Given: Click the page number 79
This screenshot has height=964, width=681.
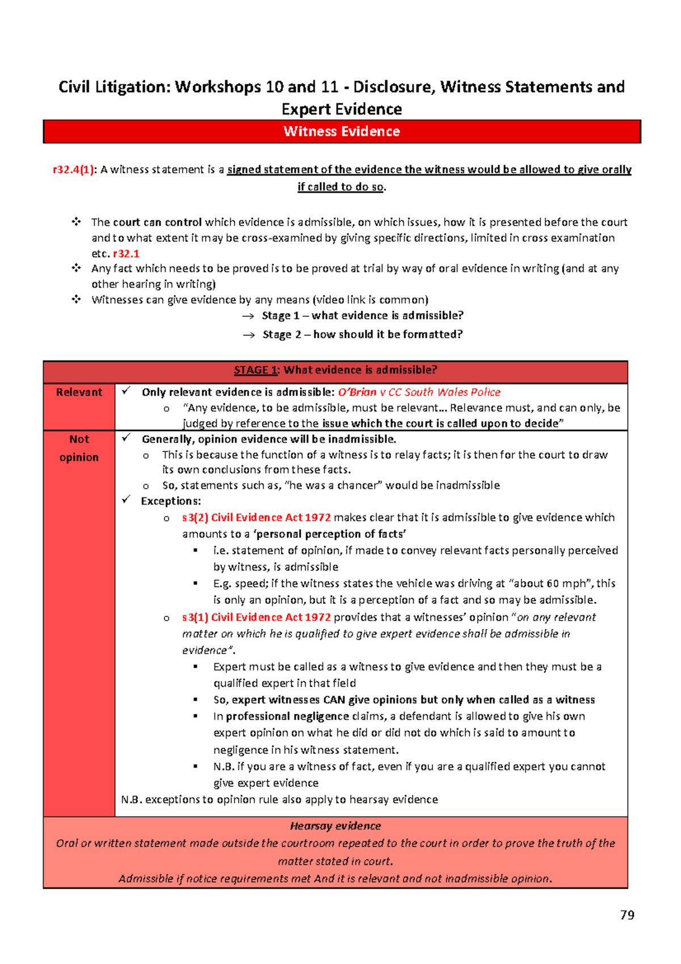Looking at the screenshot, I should pyautogui.click(x=627, y=915).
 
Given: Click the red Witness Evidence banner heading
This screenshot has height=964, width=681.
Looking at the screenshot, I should pyautogui.click(x=342, y=132).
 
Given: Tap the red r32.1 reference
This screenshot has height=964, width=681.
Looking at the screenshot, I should pyautogui.click(x=126, y=254).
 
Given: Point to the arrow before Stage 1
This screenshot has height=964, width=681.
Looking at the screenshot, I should pyautogui.click(x=248, y=316).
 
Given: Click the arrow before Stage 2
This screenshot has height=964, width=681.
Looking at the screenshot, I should pyautogui.click(x=249, y=335).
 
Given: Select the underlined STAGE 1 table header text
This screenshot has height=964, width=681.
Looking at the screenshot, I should pyautogui.click(x=255, y=370).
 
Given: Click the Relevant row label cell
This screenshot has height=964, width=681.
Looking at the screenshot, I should pyautogui.click(x=79, y=392).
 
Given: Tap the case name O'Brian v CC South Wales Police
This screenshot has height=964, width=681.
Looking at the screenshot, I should pyautogui.click(x=419, y=392).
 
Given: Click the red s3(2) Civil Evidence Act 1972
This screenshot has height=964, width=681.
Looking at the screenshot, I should pyautogui.click(x=257, y=517).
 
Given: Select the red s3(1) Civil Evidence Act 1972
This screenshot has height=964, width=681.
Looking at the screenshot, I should pyautogui.click(x=257, y=617).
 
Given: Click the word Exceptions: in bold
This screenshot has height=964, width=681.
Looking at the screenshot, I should pyautogui.click(x=171, y=501).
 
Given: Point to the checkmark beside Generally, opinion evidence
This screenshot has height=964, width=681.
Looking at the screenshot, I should pyautogui.click(x=126, y=438).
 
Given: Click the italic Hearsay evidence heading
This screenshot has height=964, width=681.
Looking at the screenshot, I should pyautogui.click(x=335, y=826).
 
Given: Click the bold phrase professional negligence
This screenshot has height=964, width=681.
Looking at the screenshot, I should pyautogui.click(x=287, y=716).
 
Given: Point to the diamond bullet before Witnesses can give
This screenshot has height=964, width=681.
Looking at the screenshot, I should pyautogui.click(x=77, y=299).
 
